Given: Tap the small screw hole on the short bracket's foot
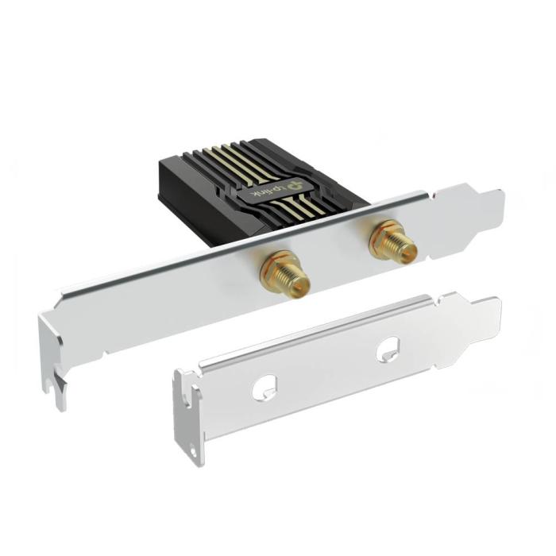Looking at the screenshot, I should (192, 454).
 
